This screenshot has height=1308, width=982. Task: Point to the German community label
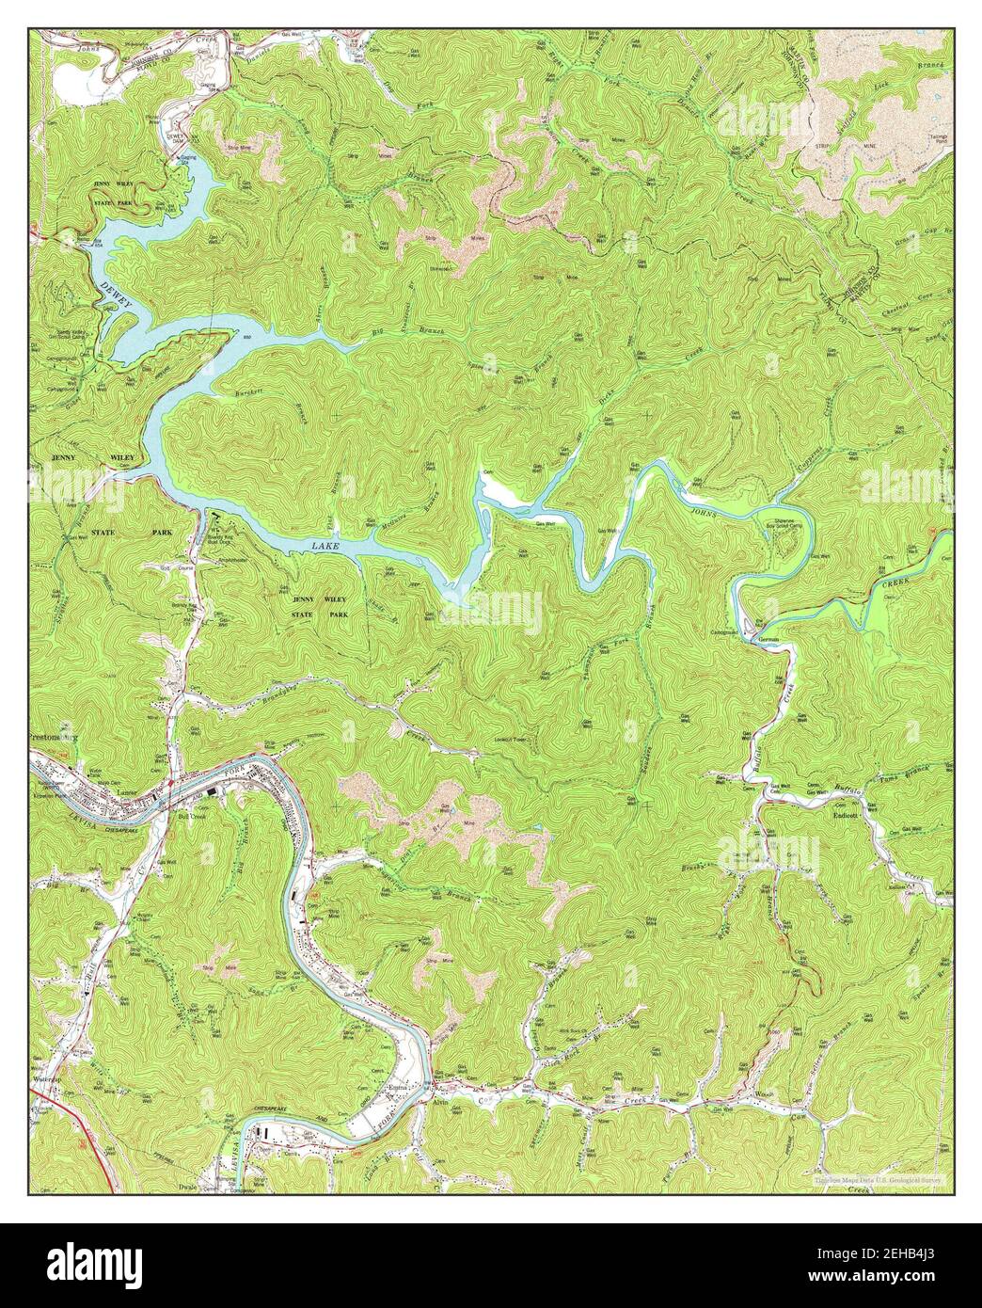pos(770,640)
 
